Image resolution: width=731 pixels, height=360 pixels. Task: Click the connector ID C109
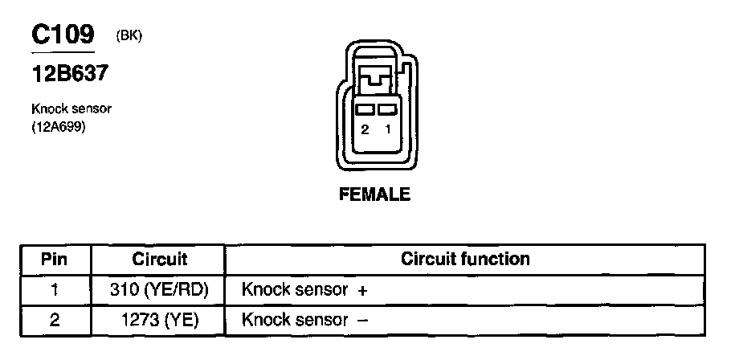click(x=63, y=35)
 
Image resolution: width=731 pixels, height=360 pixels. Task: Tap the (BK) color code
click(x=129, y=36)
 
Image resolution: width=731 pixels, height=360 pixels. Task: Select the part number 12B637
click(x=70, y=74)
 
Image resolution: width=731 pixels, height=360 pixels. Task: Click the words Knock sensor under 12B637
click(x=71, y=108)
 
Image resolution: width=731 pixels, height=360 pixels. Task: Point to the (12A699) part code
click(x=59, y=126)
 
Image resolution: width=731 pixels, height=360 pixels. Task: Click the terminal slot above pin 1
click(x=387, y=109)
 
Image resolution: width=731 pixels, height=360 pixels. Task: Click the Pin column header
click(x=55, y=260)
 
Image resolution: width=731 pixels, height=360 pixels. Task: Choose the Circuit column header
click(x=159, y=260)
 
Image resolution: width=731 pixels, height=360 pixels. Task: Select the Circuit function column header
click(x=465, y=260)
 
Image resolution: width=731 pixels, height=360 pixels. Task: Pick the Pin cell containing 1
click(x=55, y=289)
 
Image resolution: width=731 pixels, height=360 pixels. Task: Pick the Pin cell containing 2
click(x=55, y=320)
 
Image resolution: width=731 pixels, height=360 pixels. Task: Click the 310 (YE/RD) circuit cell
click(x=159, y=289)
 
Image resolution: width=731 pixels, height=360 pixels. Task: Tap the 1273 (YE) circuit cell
click(x=159, y=320)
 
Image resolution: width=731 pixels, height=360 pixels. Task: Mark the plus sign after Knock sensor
click(x=363, y=290)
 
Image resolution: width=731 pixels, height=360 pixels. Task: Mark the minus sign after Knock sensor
click(x=362, y=320)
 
